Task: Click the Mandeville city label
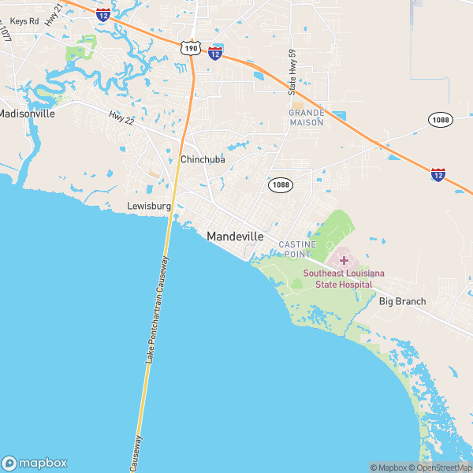pyautogui.click(x=240, y=236)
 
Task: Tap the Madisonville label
pyautogui.click(x=26, y=114)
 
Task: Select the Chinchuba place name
pyautogui.click(x=203, y=159)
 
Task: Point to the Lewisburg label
pyautogui.click(x=149, y=207)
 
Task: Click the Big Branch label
pyautogui.click(x=402, y=301)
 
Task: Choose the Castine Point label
pyautogui.click(x=297, y=249)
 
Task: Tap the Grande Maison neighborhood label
pyautogui.click(x=307, y=117)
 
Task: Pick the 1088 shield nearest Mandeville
pyautogui.click(x=280, y=184)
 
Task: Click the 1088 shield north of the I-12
pyautogui.click(x=441, y=119)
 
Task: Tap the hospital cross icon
pyautogui.click(x=344, y=259)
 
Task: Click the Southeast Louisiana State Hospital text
pyautogui.click(x=345, y=278)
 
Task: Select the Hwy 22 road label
pyautogui.click(x=122, y=117)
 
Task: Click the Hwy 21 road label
pyautogui.click(x=54, y=15)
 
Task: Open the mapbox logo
pyautogui.click(x=35, y=463)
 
